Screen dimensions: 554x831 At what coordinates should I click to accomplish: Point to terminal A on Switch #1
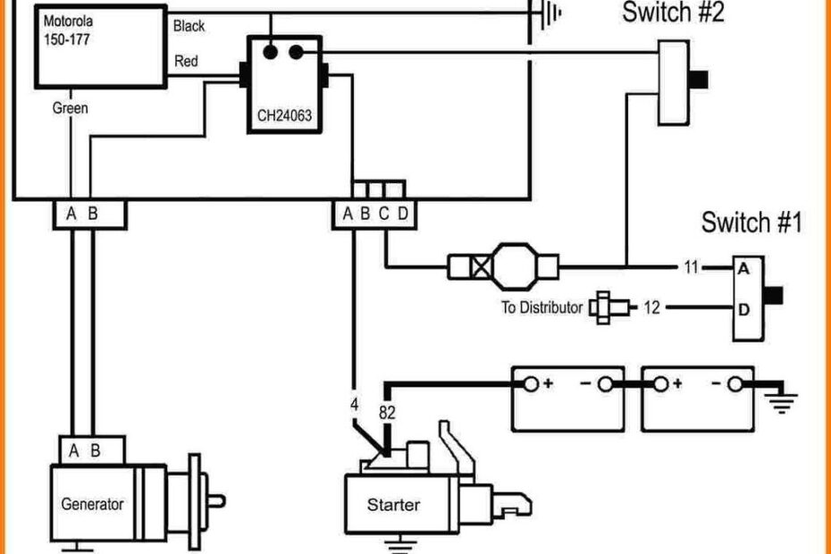click(x=743, y=266)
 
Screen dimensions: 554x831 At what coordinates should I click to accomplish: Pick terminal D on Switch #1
click(x=743, y=308)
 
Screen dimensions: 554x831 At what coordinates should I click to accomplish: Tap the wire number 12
click(x=651, y=308)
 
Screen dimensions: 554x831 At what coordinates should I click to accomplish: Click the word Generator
click(x=92, y=504)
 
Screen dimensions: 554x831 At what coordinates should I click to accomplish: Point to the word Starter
click(x=393, y=505)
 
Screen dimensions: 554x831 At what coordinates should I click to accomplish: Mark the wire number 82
click(x=386, y=412)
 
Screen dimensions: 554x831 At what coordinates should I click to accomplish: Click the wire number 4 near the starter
click(x=354, y=404)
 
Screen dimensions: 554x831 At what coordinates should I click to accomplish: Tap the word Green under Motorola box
click(x=70, y=108)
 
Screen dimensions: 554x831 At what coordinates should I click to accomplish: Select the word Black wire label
click(x=189, y=26)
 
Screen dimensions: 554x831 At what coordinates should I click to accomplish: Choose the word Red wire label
click(x=186, y=62)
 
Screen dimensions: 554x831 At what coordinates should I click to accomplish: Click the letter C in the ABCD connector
click(x=383, y=213)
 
